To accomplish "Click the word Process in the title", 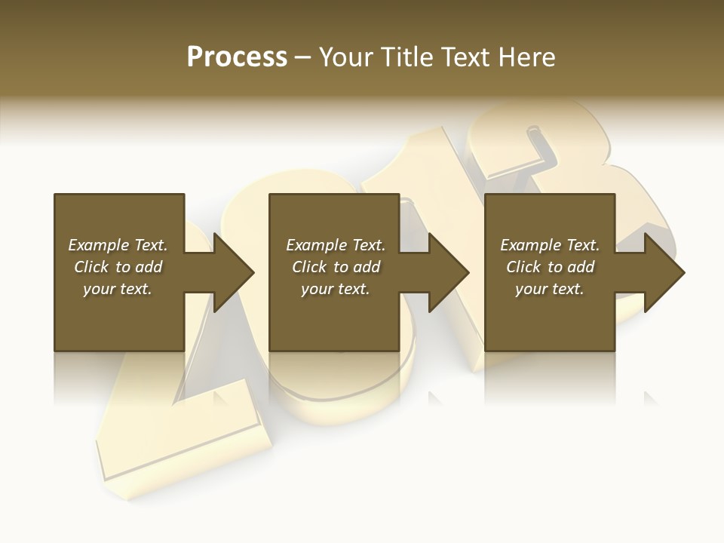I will click(237, 57).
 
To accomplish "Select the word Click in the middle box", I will click(308, 267).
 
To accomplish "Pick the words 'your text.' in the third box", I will click(550, 289).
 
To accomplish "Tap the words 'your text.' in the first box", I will click(118, 289).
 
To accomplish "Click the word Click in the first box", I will click(90, 267).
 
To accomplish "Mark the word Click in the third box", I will click(523, 267).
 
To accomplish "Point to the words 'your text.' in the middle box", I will click(335, 289).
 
